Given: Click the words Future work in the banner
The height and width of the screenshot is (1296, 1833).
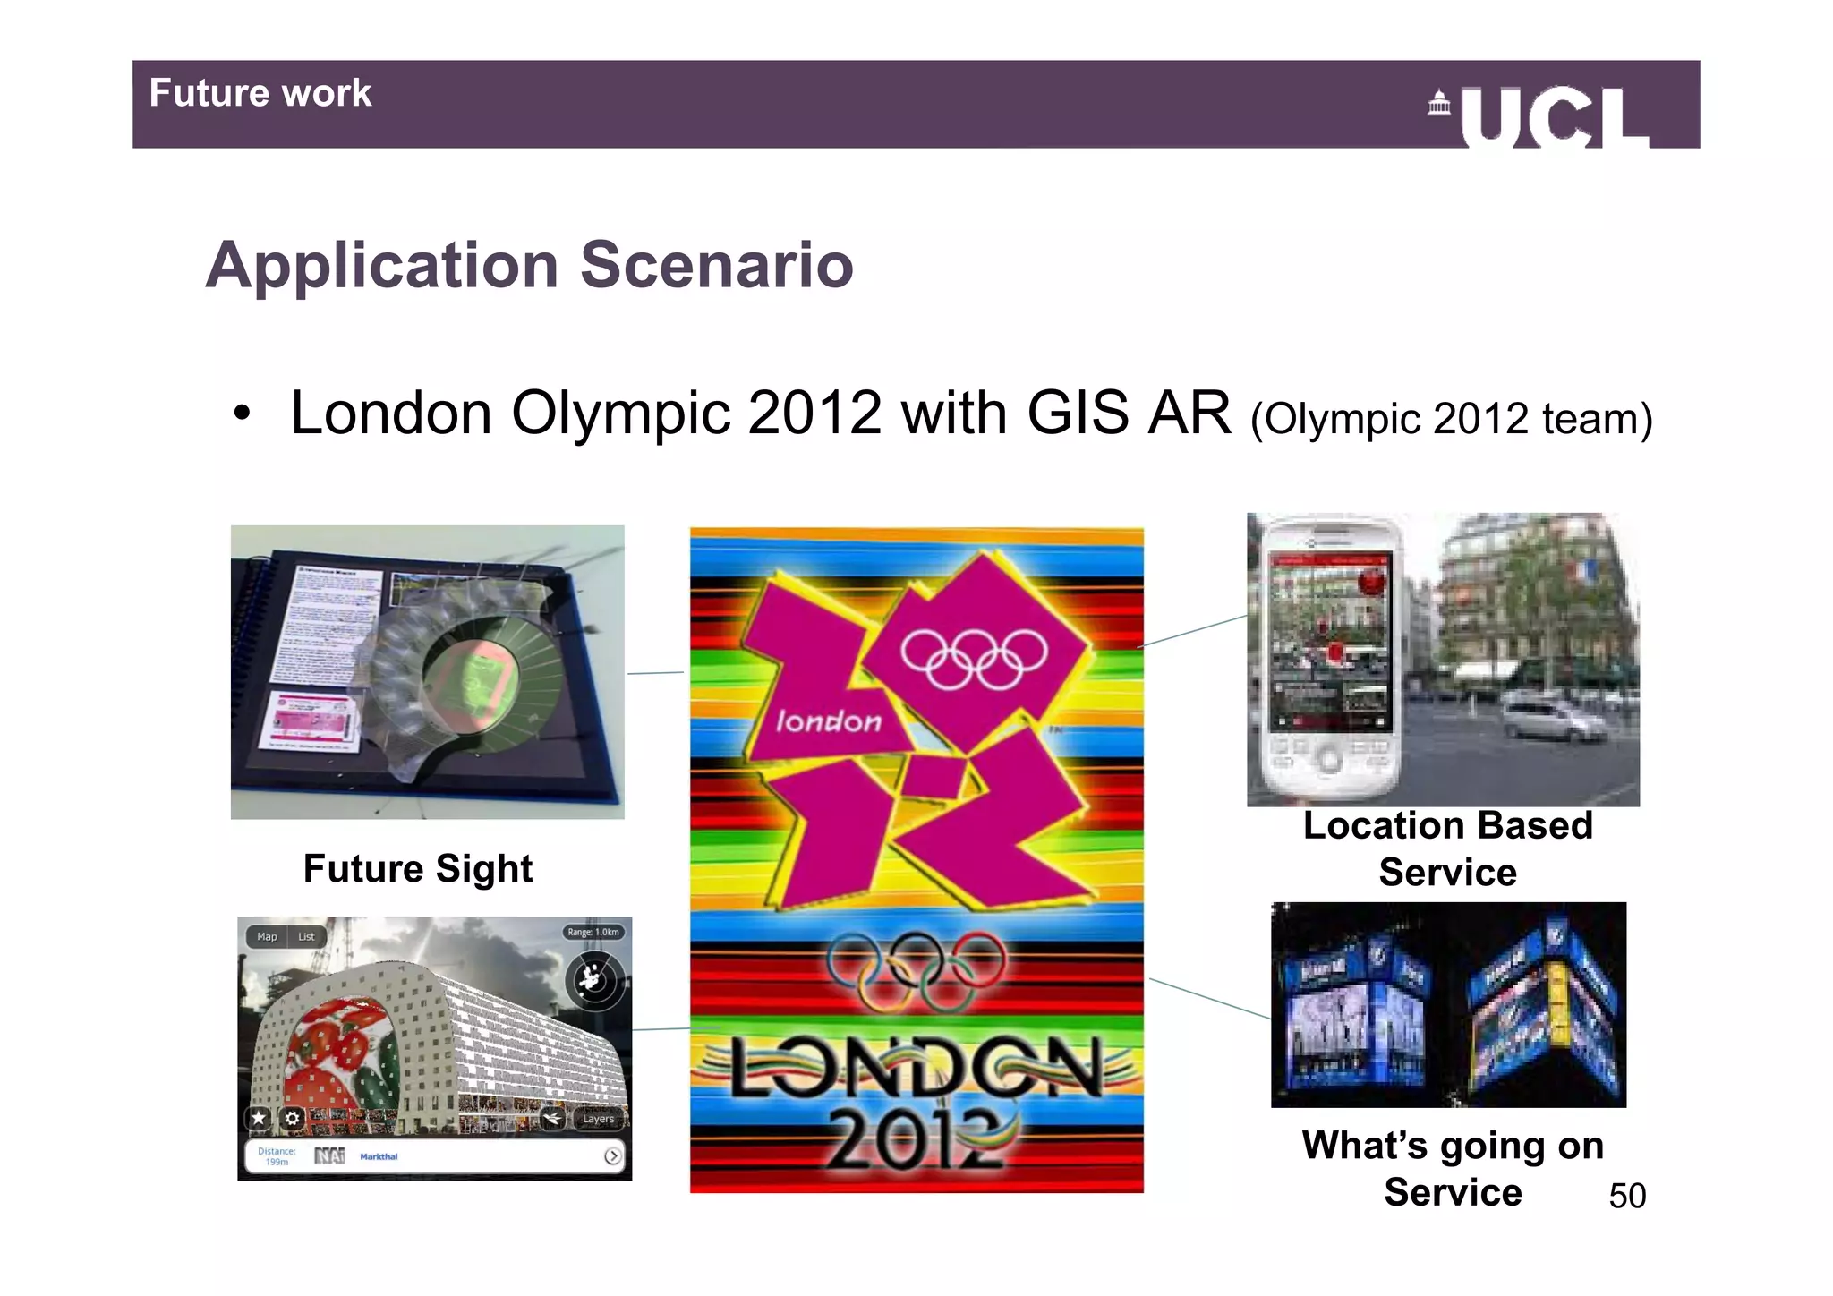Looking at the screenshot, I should [260, 93].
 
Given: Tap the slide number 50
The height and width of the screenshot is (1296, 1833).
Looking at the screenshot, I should [1626, 1196].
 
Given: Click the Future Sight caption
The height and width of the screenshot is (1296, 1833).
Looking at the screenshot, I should [418, 868].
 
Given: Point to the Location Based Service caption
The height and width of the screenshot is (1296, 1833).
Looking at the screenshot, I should [1447, 848].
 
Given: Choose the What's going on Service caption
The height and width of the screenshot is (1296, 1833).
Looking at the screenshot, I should [1452, 1168].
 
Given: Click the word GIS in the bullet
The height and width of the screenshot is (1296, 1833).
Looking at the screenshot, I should [1078, 414].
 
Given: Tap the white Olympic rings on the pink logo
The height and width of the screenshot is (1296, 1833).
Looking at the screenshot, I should [974, 658].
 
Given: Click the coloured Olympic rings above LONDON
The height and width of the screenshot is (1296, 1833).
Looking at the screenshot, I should [915, 971].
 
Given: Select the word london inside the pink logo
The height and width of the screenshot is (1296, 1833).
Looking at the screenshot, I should [828, 721].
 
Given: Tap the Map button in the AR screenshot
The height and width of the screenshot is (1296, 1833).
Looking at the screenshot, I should [267, 936].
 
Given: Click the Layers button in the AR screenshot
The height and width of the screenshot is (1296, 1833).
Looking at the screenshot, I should [598, 1119].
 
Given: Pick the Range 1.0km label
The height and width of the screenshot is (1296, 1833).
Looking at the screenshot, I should [593, 932].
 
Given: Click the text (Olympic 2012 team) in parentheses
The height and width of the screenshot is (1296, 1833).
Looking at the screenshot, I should [1450, 418].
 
